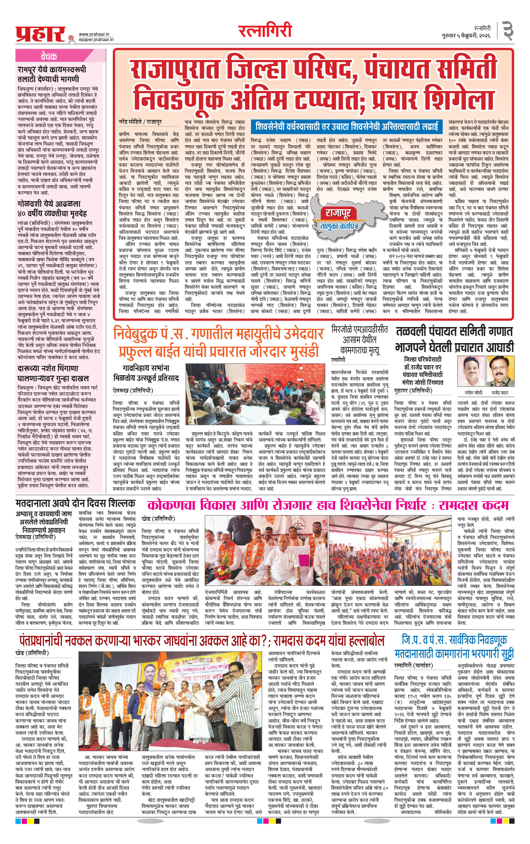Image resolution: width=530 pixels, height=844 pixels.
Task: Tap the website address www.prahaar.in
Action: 94,34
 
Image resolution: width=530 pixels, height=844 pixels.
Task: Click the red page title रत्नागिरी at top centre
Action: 265,31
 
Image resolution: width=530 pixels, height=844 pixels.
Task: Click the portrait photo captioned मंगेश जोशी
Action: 472,372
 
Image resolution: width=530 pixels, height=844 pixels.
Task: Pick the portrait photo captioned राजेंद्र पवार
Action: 501,372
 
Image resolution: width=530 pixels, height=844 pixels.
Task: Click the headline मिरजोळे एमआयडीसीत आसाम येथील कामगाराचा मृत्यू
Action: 359,339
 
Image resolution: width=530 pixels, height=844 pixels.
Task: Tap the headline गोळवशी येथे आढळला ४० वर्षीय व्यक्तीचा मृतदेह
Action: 52,209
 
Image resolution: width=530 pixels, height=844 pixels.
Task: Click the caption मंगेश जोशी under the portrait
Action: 473,393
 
